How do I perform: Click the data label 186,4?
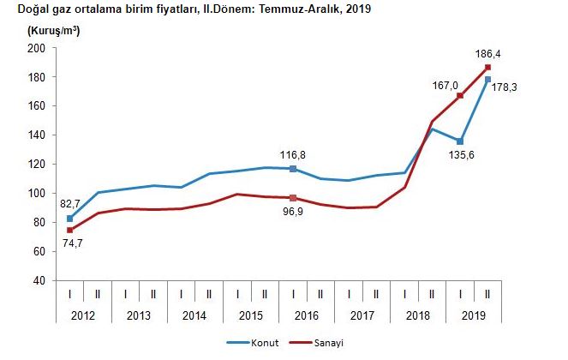coord(488,53)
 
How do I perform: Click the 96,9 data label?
coord(294,213)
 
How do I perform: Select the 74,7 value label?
coord(69,245)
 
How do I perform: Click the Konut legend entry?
coord(251,342)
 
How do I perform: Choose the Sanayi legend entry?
coord(318,342)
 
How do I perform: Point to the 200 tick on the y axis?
coord(36,48)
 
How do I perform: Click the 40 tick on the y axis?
coord(39,280)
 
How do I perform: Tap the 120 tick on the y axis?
coord(36,165)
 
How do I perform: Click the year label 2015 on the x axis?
coord(251,315)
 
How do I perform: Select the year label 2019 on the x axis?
coord(475,315)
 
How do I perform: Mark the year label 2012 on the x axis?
coord(83,315)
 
